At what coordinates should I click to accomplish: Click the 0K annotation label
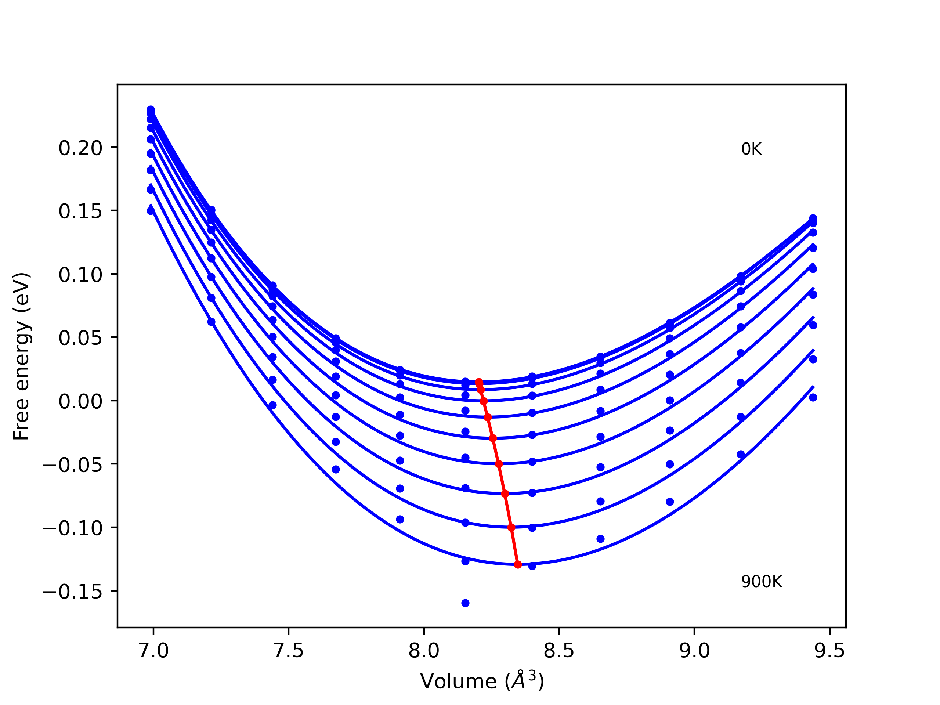(x=751, y=149)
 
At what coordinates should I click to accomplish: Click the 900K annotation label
(x=762, y=582)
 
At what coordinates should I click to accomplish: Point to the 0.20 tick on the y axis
(x=80, y=148)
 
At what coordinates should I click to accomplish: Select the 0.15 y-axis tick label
(x=80, y=211)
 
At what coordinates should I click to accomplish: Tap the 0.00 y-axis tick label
(x=80, y=402)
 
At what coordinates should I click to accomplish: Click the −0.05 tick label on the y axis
(x=73, y=465)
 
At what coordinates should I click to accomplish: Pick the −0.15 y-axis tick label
(x=73, y=592)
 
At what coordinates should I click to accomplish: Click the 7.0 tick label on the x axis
(x=153, y=651)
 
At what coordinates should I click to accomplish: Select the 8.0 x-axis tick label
(x=424, y=651)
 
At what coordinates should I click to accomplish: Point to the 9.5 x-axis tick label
(x=829, y=651)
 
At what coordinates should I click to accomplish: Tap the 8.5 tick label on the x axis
(x=559, y=651)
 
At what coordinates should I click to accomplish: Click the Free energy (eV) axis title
(x=21, y=357)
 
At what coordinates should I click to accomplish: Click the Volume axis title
(x=482, y=681)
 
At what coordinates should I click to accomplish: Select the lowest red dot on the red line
(x=518, y=564)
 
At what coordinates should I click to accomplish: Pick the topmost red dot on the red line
(x=479, y=382)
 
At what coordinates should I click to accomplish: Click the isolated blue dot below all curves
(x=465, y=603)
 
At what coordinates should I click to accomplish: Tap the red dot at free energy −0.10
(x=511, y=527)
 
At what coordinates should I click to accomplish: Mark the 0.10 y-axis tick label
(x=80, y=275)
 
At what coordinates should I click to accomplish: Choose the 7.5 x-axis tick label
(x=289, y=651)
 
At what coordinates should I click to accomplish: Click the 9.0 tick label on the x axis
(x=694, y=651)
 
